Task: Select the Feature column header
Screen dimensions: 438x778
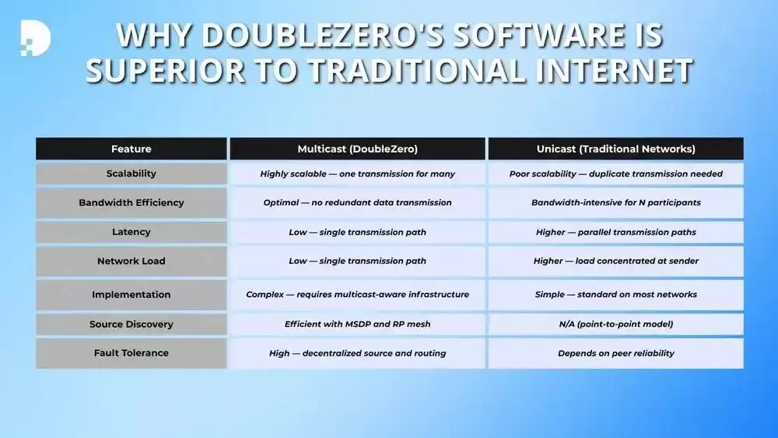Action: (x=131, y=149)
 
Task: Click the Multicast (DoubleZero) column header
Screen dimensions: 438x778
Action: (x=357, y=149)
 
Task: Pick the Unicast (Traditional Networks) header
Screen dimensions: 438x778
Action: (x=615, y=149)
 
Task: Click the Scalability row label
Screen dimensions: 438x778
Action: (x=131, y=173)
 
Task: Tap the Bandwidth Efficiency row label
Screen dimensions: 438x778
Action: (x=131, y=202)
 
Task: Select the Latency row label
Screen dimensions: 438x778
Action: (x=131, y=232)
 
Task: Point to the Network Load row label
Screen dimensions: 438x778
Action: (x=131, y=261)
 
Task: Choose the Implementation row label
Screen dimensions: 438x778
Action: (x=131, y=295)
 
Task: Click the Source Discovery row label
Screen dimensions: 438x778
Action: (x=131, y=324)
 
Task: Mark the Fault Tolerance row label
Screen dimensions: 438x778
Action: (x=131, y=352)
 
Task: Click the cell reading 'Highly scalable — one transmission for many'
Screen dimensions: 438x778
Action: (x=357, y=174)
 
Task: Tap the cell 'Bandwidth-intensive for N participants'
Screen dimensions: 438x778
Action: (x=615, y=202)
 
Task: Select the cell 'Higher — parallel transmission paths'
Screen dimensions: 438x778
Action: (x=615, y=232)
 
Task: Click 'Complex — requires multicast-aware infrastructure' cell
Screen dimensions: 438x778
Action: (x=357, y=295)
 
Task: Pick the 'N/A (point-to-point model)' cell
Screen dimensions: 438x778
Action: (x=615, y=324)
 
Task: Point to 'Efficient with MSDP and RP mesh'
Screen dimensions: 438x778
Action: (x=357, y=324)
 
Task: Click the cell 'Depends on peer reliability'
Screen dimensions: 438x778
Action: (x=615, y=353)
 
